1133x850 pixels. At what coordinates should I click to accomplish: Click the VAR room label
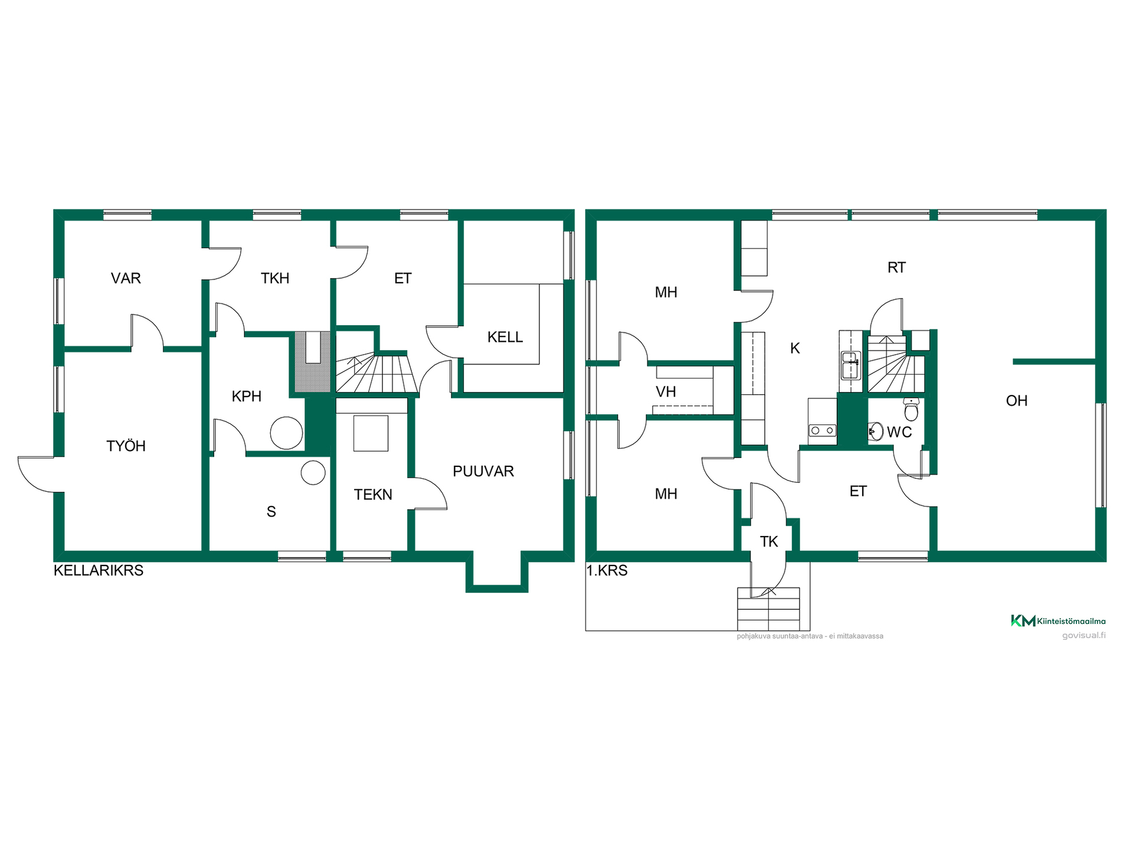click(126, 278)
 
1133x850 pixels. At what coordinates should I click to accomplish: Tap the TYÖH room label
click(126, 446)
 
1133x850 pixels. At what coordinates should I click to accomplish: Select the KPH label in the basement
click(247, 396)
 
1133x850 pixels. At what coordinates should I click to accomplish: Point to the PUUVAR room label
click(483, 471)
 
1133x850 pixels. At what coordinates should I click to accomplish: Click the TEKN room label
click(373, 494)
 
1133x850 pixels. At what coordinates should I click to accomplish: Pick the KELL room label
click(505, 337)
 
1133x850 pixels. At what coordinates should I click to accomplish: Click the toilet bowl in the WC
click(912, 408)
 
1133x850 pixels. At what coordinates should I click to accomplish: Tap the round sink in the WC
click(876, 431)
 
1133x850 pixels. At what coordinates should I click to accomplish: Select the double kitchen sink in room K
click(850, 365)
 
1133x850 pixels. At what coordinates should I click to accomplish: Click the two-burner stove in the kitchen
click(822, 431)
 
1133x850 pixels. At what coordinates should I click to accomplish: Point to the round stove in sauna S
click(313, 473)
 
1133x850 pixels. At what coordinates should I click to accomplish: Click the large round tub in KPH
click(286, 433)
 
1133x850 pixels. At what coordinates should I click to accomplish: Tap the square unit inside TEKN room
click(371, 433)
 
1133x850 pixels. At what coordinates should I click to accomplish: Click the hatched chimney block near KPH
click(312, 362)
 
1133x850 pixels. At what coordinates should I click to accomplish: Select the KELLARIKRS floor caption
click(99, 570)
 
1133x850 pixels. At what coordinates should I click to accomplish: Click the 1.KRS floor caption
click(607, 570)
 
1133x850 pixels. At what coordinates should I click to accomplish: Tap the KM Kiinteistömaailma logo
click(1058, 620)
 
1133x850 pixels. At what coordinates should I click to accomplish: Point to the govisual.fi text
click(1084, 635)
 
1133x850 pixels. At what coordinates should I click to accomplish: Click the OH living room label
click(1017, 401)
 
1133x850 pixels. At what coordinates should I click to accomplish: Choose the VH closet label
click(666, 391)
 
